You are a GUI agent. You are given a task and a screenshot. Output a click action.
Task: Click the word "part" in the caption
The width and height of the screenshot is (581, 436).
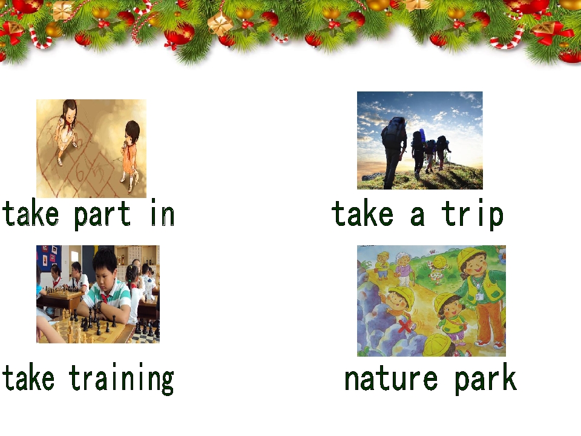tap(102, 214)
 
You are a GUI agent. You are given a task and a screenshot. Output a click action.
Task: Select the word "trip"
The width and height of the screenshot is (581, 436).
tap(472, 214)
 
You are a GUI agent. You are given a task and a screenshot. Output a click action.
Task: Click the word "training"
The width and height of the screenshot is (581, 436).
tap(121, 378)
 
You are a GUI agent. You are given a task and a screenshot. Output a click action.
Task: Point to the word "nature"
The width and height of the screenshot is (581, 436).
tap(390, 378)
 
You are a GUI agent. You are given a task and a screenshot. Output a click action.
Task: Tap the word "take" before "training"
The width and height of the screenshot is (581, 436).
tap(28, 378)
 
